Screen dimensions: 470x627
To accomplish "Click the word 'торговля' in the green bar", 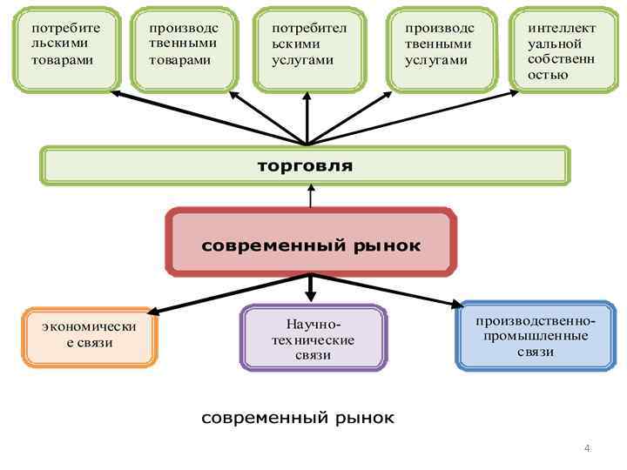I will pos(305,165).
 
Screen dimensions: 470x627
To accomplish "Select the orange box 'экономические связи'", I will pos(90,336).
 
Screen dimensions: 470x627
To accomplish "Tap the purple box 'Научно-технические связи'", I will pos(313,338).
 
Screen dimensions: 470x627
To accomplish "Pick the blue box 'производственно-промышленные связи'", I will pos(535,335).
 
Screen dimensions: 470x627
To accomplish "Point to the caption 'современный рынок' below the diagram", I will pos(298,418).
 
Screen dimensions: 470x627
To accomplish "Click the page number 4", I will pos(587,449).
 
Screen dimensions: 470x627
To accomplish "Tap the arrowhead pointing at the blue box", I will pos(458,305).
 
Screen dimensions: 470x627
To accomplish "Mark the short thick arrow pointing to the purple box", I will pos(311,288).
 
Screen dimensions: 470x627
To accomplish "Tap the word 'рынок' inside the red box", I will pos(388,245).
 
